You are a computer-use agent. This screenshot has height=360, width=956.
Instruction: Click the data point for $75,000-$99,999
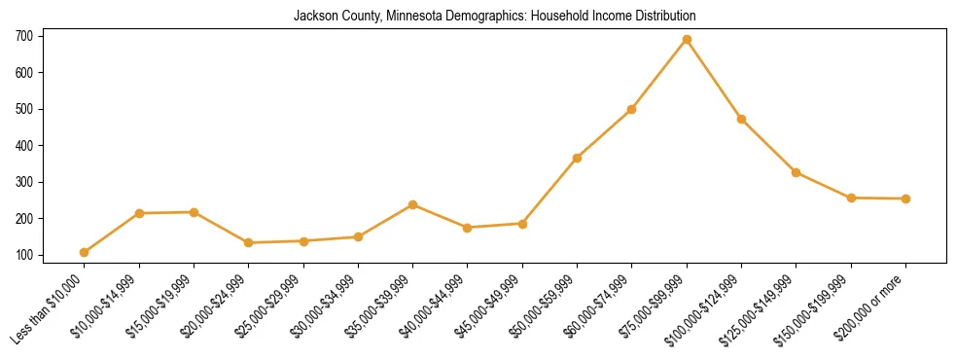(687, 40)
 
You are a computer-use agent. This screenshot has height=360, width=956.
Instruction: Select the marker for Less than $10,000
(85, 253)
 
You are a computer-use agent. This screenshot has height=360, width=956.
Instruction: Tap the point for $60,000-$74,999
(632, 109)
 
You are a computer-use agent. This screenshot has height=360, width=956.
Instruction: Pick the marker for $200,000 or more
(905, 198)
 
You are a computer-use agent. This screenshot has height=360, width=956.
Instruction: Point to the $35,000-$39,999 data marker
(413, 204)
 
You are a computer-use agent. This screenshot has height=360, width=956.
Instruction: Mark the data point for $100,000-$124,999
(741, 119)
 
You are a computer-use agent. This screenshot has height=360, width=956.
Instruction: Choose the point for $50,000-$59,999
(578, 158)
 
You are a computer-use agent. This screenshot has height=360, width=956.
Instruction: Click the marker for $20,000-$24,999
(249, 242)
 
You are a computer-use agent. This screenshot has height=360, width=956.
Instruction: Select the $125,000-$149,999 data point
(796, 172)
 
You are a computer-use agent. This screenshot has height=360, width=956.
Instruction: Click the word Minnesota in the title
(393, 17)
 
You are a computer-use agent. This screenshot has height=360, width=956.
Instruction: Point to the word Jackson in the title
(313, 17)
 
